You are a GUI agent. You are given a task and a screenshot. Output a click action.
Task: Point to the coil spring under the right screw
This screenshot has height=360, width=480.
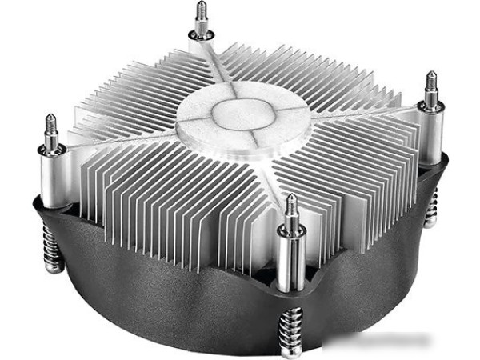pyautogui.click(x=432, y=208)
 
